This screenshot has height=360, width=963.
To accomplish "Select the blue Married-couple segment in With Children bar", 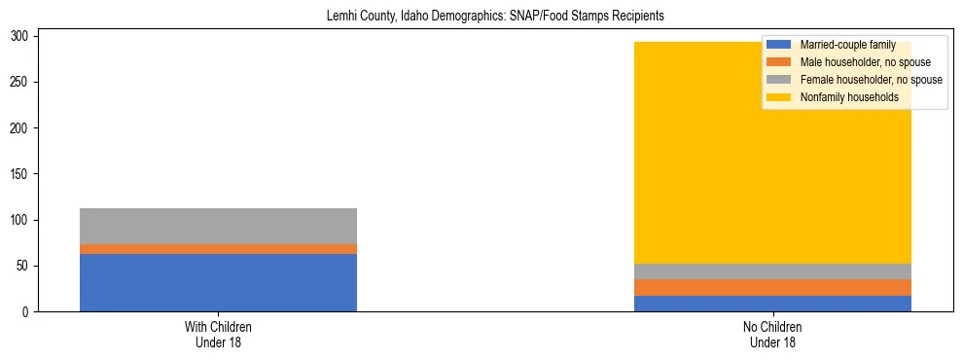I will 218,282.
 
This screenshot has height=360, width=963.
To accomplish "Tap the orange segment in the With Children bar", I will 218,249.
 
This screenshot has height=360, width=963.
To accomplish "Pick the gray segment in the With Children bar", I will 218,226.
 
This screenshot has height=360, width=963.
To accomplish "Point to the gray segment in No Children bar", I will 772,271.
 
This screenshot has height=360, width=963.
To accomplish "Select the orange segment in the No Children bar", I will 772,287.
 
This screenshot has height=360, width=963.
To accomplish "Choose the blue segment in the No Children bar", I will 772,304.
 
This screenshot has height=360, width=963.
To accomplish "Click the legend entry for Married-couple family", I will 847,45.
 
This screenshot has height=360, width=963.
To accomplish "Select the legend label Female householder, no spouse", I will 871,80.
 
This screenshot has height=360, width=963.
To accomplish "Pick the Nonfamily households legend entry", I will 849,97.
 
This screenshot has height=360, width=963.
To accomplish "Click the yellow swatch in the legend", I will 779,97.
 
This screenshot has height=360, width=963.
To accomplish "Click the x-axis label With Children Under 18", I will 218,335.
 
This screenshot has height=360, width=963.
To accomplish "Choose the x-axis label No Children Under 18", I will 772,335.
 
